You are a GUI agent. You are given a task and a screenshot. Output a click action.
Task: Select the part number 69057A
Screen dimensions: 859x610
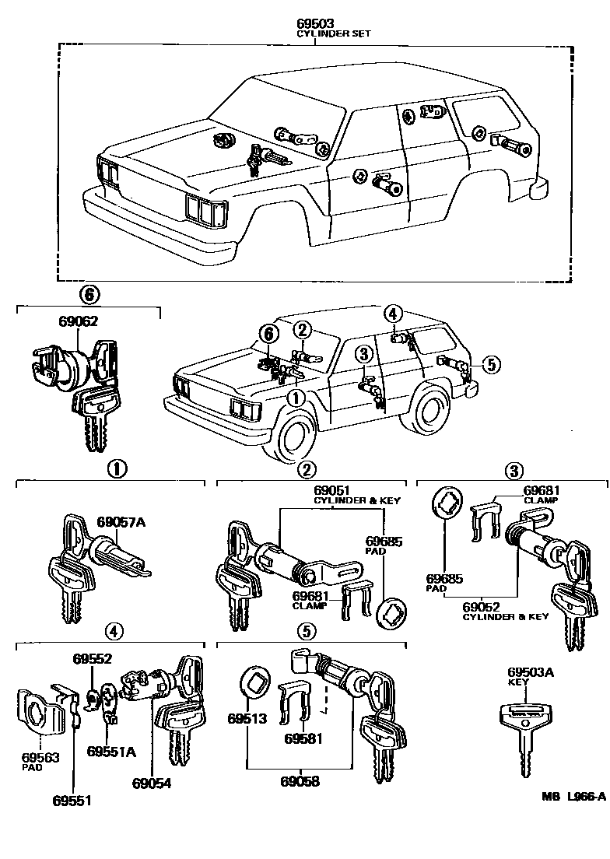[121, 521]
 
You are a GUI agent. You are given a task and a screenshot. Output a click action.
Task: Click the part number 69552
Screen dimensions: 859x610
[93, 658]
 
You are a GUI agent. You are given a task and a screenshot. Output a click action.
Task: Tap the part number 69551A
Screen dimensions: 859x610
[111, 751]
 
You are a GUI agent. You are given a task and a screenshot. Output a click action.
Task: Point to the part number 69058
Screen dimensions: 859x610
[300, 781]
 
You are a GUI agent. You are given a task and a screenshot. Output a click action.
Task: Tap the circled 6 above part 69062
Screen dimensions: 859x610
[89, 294]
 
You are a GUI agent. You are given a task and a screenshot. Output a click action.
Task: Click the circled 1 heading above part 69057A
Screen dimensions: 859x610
[116, 468]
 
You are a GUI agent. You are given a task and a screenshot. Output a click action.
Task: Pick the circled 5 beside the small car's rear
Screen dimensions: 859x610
[489, 363]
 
